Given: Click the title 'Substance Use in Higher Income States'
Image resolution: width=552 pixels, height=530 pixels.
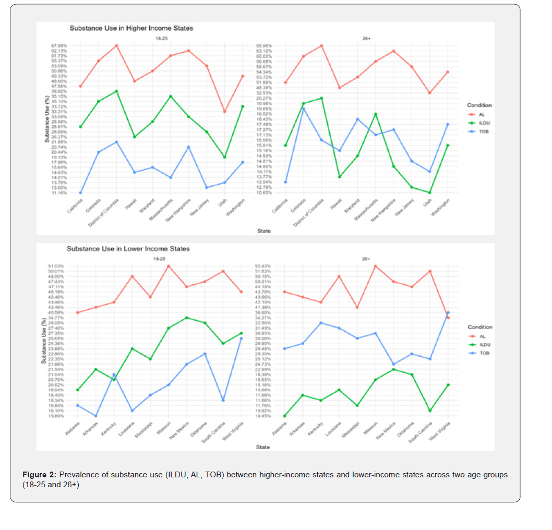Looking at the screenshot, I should pyautogui.click(x=131, y=28).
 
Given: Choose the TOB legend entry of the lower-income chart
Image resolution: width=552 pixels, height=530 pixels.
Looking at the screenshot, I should pyautogui.click(x=485, y=353).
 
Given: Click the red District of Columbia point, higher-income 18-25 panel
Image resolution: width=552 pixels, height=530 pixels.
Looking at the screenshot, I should pyautogui.click(x=116, y=45).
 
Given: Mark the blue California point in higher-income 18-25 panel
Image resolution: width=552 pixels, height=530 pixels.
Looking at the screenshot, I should pyautogui.click(x=80, y=192).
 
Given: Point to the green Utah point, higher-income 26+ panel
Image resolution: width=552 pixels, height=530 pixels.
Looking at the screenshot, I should pyautogui.click(x=429, y=192).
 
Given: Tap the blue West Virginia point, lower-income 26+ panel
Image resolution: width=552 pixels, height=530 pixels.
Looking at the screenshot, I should pyautogui.click(x=448, y=312).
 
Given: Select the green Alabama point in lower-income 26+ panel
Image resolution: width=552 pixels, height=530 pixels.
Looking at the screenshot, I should pyautogui.click(x=285, y=416).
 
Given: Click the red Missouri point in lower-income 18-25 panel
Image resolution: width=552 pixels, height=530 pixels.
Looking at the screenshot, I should pyautogui.click(x=169, y=266).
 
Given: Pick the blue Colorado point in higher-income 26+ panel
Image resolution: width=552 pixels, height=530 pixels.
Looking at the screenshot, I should pyautogui.click(x=303, y=109).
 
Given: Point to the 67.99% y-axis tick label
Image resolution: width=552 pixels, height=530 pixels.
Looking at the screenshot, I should pyautogui.click(x=59, y=46).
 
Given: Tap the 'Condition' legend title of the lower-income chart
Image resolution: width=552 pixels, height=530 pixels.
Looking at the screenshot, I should pyautogui.click(x=479, y=327).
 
